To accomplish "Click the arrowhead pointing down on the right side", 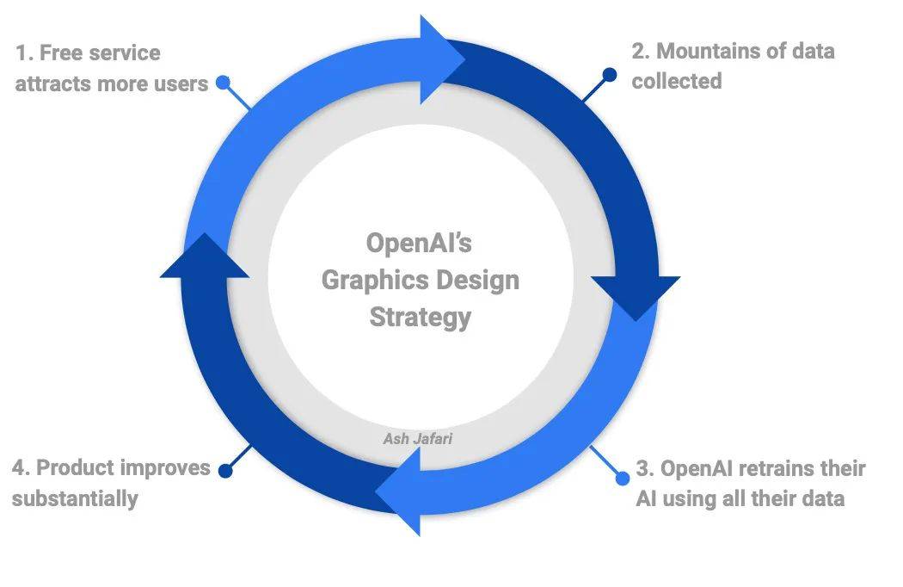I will (x=636, y=295).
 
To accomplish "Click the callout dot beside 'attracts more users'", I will (x=223, y=83).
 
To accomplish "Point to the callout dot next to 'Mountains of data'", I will (x=609, y=75).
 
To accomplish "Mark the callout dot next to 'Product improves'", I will (x=225, y=471).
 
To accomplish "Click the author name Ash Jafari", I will (x=418, y=439).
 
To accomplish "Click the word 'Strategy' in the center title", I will (x=420, y=317).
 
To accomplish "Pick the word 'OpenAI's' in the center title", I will (x=420, y=243).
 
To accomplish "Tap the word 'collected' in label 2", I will (x=677, y=81).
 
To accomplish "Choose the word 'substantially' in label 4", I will (x=75, y=498).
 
